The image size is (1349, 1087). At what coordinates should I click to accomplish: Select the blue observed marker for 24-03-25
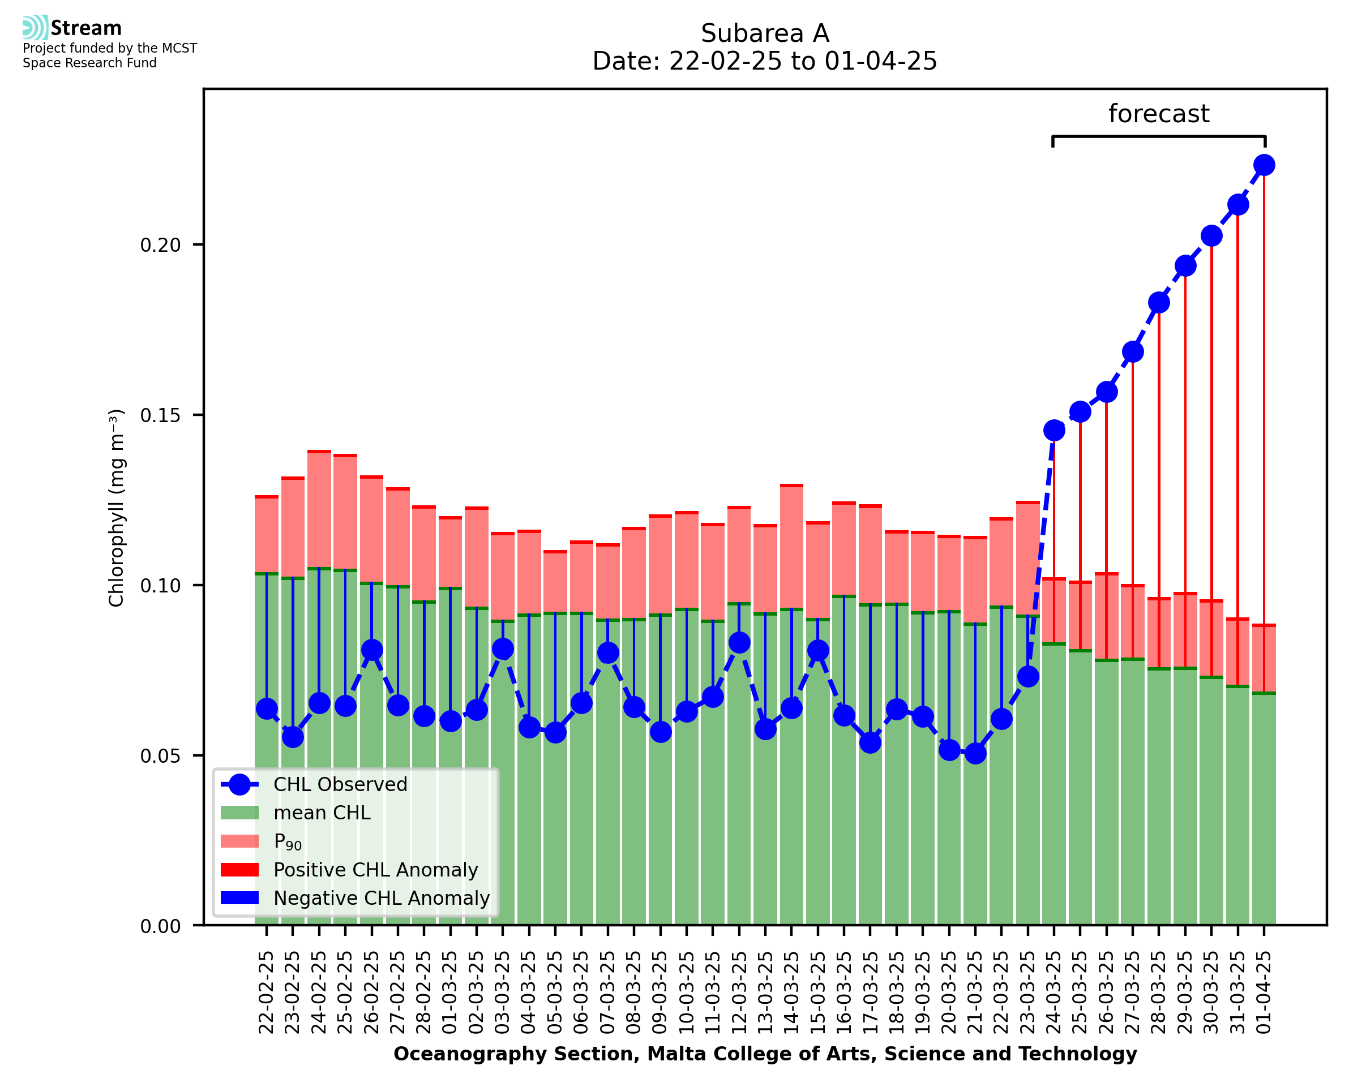pyautogui.click(x=1053, y=430)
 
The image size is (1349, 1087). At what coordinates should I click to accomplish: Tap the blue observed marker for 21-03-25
pyautogui.click(x=975, y=753)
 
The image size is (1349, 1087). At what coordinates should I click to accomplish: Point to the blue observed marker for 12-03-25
pyautogui.click(x=739, y=642)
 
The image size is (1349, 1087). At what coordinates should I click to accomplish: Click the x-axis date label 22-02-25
pyautogui.click(x=266, y=993)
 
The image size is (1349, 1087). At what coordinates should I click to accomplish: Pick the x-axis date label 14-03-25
pyautogui.click(x=791, y=993)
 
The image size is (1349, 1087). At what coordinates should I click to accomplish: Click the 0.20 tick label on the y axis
pyautogui.click(x=160, y=245)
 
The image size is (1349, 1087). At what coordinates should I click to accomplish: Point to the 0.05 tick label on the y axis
pyautogui.click(x=160, y=756)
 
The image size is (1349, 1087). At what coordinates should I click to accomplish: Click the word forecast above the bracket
pyautogui.click(x=1158, y=114)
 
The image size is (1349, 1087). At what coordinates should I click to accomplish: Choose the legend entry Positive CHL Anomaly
pyautogui.click(x=375, y=870)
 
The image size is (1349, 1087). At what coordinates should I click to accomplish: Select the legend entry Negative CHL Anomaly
pyautogui.click(x=381, y=898)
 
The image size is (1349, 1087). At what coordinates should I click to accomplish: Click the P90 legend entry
pyautogui.click(x=288, y=841)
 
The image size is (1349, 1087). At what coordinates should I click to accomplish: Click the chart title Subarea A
pyautogui.click(x=764, y=33)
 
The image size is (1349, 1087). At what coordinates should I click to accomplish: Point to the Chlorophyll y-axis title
pyautogui.click(x=117, y=508)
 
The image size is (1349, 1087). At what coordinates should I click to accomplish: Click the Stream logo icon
pyautogui.click(x=35, y=28)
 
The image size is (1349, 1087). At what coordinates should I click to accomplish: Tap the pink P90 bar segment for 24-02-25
pyautogui.click(x=319, y=510)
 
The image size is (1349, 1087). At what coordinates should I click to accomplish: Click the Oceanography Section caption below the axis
pyautogui.click(x=765, y=1054)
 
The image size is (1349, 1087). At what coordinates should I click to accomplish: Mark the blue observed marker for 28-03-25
pyautogui.click(x=1158, y=302)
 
